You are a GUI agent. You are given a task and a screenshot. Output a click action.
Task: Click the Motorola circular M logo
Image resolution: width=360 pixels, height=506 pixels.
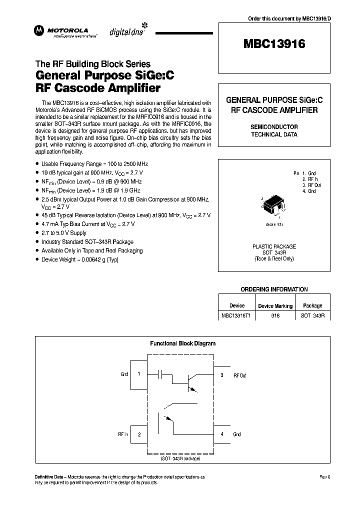[39, 31]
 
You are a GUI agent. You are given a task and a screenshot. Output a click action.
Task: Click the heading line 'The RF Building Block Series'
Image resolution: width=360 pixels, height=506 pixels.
[92, 64]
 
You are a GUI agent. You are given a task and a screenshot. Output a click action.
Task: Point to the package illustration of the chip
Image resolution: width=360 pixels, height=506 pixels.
[273, 204]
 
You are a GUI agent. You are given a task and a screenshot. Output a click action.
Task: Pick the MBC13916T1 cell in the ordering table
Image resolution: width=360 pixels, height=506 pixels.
[236, 316]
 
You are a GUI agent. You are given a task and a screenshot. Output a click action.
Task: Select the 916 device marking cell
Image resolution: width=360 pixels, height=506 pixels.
[275, 316]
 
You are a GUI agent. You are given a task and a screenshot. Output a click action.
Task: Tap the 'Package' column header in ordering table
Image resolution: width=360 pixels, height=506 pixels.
[312, 305]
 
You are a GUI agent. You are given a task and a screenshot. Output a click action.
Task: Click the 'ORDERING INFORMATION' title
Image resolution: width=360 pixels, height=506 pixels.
[274, 289]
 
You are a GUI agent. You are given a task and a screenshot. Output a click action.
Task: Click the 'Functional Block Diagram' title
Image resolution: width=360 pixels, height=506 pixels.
[182, 343]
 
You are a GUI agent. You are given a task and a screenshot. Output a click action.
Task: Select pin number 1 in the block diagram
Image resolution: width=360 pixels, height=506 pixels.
[138, 374]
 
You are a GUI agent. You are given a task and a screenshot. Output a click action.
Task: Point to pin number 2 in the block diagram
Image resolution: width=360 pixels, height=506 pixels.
[138, 434]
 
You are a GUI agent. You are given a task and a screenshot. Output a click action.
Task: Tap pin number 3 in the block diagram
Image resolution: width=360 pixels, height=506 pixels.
[222, 374]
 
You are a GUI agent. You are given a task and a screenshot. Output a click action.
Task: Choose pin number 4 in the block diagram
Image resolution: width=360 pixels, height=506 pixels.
[222, 434]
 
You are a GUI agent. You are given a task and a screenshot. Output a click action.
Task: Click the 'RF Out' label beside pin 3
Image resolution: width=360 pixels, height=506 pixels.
[240, 375]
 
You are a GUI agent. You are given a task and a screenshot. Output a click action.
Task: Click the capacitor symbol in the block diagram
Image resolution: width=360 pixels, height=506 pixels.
[161, 373]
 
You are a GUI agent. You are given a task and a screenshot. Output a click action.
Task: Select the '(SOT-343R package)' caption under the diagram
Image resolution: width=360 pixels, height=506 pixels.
[180, 458]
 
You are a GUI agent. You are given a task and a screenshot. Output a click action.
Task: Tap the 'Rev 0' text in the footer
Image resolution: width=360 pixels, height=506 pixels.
[325, 477]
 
